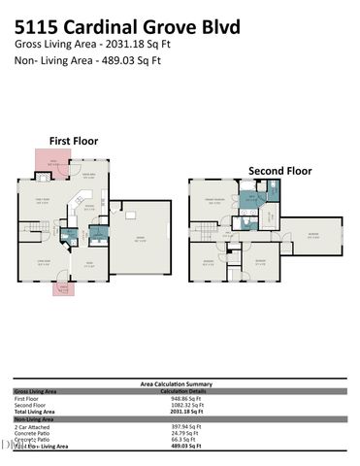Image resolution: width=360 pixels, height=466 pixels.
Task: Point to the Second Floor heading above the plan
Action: [x=279, y=171]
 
